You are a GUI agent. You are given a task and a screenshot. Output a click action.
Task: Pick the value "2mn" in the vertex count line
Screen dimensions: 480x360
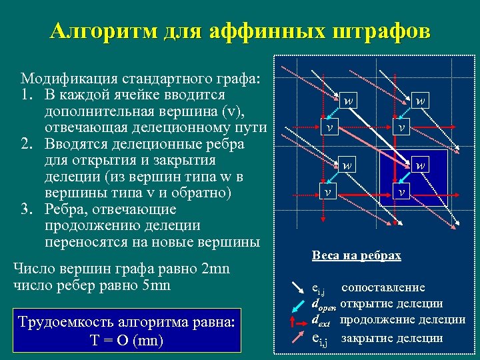[215, 269]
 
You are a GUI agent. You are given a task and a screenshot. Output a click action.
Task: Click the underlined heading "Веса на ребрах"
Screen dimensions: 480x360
[356, 255]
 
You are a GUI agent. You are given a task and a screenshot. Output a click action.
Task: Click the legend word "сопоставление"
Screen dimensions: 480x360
[383, 287]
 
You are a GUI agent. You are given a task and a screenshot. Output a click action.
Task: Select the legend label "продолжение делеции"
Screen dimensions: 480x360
[403, 320]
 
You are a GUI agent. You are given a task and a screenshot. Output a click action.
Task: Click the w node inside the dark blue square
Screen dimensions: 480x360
[420, 163]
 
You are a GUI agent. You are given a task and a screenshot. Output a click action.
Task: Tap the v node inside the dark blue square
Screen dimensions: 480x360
[401, 191]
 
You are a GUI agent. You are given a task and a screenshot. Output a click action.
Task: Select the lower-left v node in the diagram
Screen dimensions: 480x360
[327, 191]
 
